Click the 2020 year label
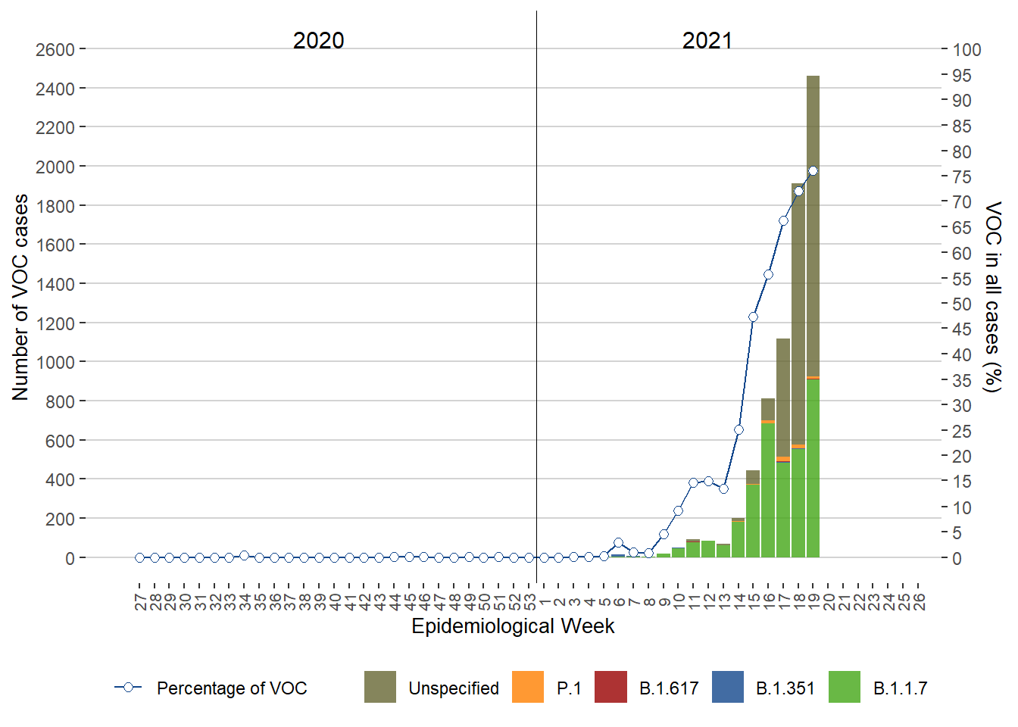[318, 40]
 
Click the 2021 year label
[707, 40]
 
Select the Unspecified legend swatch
[380, 687]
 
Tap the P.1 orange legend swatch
[528, 687]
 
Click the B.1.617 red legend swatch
[610, 687]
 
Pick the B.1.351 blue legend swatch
[728, 687]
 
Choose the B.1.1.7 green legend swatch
[845, 687]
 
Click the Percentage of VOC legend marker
[129, 687]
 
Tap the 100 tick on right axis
[966, 50]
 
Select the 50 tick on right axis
[962, 304]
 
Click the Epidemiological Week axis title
[513, 626]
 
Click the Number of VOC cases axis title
[20, 297]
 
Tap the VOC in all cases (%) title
[992, 297]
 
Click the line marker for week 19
[813, 171]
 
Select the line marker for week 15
[753, 317]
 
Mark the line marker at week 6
[618, 542]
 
